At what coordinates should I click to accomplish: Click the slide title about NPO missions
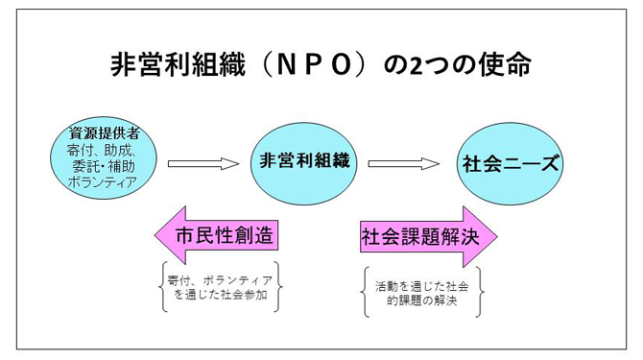click(321, 64)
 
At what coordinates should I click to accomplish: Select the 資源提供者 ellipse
click(104, 158)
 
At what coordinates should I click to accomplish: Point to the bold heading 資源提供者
click(104, 132)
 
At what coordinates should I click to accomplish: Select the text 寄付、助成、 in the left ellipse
click(102, 149)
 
